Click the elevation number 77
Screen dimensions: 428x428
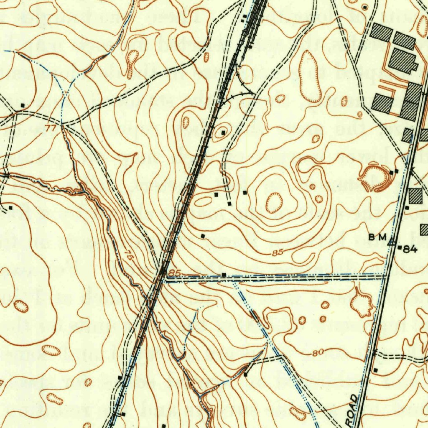[x=51, y=128]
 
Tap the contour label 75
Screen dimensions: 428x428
[x=129, y=256]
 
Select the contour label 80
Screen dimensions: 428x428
[x=318, y=353]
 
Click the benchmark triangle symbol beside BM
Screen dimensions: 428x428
[x=392, y=241]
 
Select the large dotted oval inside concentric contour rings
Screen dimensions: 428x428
[x=274, y=203]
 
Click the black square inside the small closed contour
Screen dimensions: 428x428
[x=223, y=133]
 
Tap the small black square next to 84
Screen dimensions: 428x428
[x=400, y=249]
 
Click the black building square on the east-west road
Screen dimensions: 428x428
[x=224, y=275]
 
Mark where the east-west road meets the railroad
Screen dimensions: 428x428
[x=164, y=276]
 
